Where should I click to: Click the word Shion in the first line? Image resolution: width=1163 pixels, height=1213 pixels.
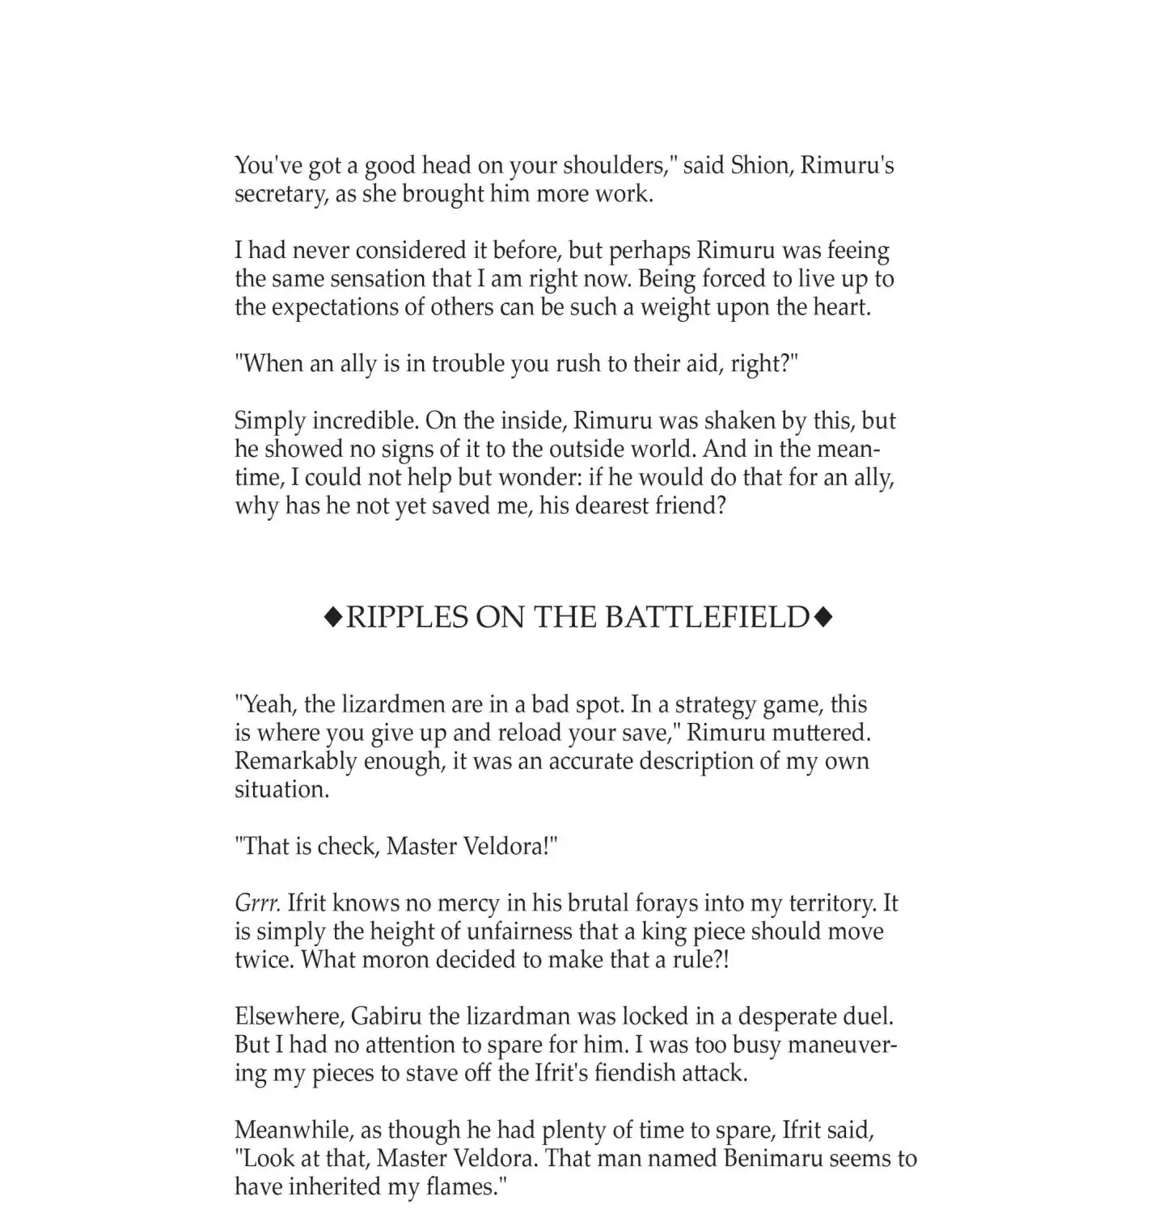pyautogui.click(x=759, y=166)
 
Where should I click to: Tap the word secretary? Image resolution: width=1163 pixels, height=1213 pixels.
pyautogui.click(x=280, y=195)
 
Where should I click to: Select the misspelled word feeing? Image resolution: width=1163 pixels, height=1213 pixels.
pyautogui.click(x=849, y=251)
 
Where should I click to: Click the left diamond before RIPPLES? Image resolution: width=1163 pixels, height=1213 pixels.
pyautogui.click(x=332, y=618)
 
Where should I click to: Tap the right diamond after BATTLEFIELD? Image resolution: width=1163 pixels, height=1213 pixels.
pyautogui.click(x=823, y=618)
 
